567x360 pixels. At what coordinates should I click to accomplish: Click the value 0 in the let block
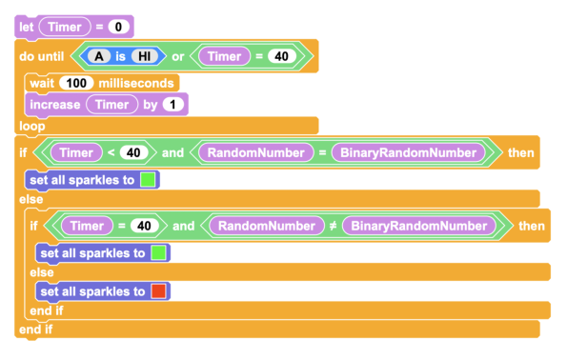coord(118,27)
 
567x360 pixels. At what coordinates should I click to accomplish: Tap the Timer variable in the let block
coord(65,27)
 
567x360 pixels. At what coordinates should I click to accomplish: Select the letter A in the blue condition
coord(99,56)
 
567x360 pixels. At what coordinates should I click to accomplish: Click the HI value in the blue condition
coord(144,56)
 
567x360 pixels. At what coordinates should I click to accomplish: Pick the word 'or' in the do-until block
coord(178,57)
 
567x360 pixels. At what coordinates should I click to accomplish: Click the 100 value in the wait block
coord(76,83)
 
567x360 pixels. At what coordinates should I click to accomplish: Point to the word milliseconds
coord(136,84)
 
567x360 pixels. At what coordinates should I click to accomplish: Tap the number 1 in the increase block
coord(172,105)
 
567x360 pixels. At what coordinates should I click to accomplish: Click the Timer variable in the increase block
coord(112,105)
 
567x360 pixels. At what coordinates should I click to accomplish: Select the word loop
coord(32,126)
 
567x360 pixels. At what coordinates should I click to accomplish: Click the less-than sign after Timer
coord(111,152)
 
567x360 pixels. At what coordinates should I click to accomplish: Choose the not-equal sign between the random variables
coord(333,226)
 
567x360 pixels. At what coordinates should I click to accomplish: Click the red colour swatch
coord(158,291)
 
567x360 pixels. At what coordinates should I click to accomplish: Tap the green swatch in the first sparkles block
coord(148,180)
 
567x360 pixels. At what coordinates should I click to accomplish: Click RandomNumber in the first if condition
coord(256,152)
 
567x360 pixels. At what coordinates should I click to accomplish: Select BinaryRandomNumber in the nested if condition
coord(419,226)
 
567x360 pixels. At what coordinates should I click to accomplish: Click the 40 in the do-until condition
coord(282,56)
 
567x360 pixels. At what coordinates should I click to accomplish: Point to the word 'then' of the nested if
coord(532,226)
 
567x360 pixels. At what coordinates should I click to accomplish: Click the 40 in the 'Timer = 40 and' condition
coord(144,226)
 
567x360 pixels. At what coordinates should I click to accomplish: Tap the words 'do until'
coord(42,56)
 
